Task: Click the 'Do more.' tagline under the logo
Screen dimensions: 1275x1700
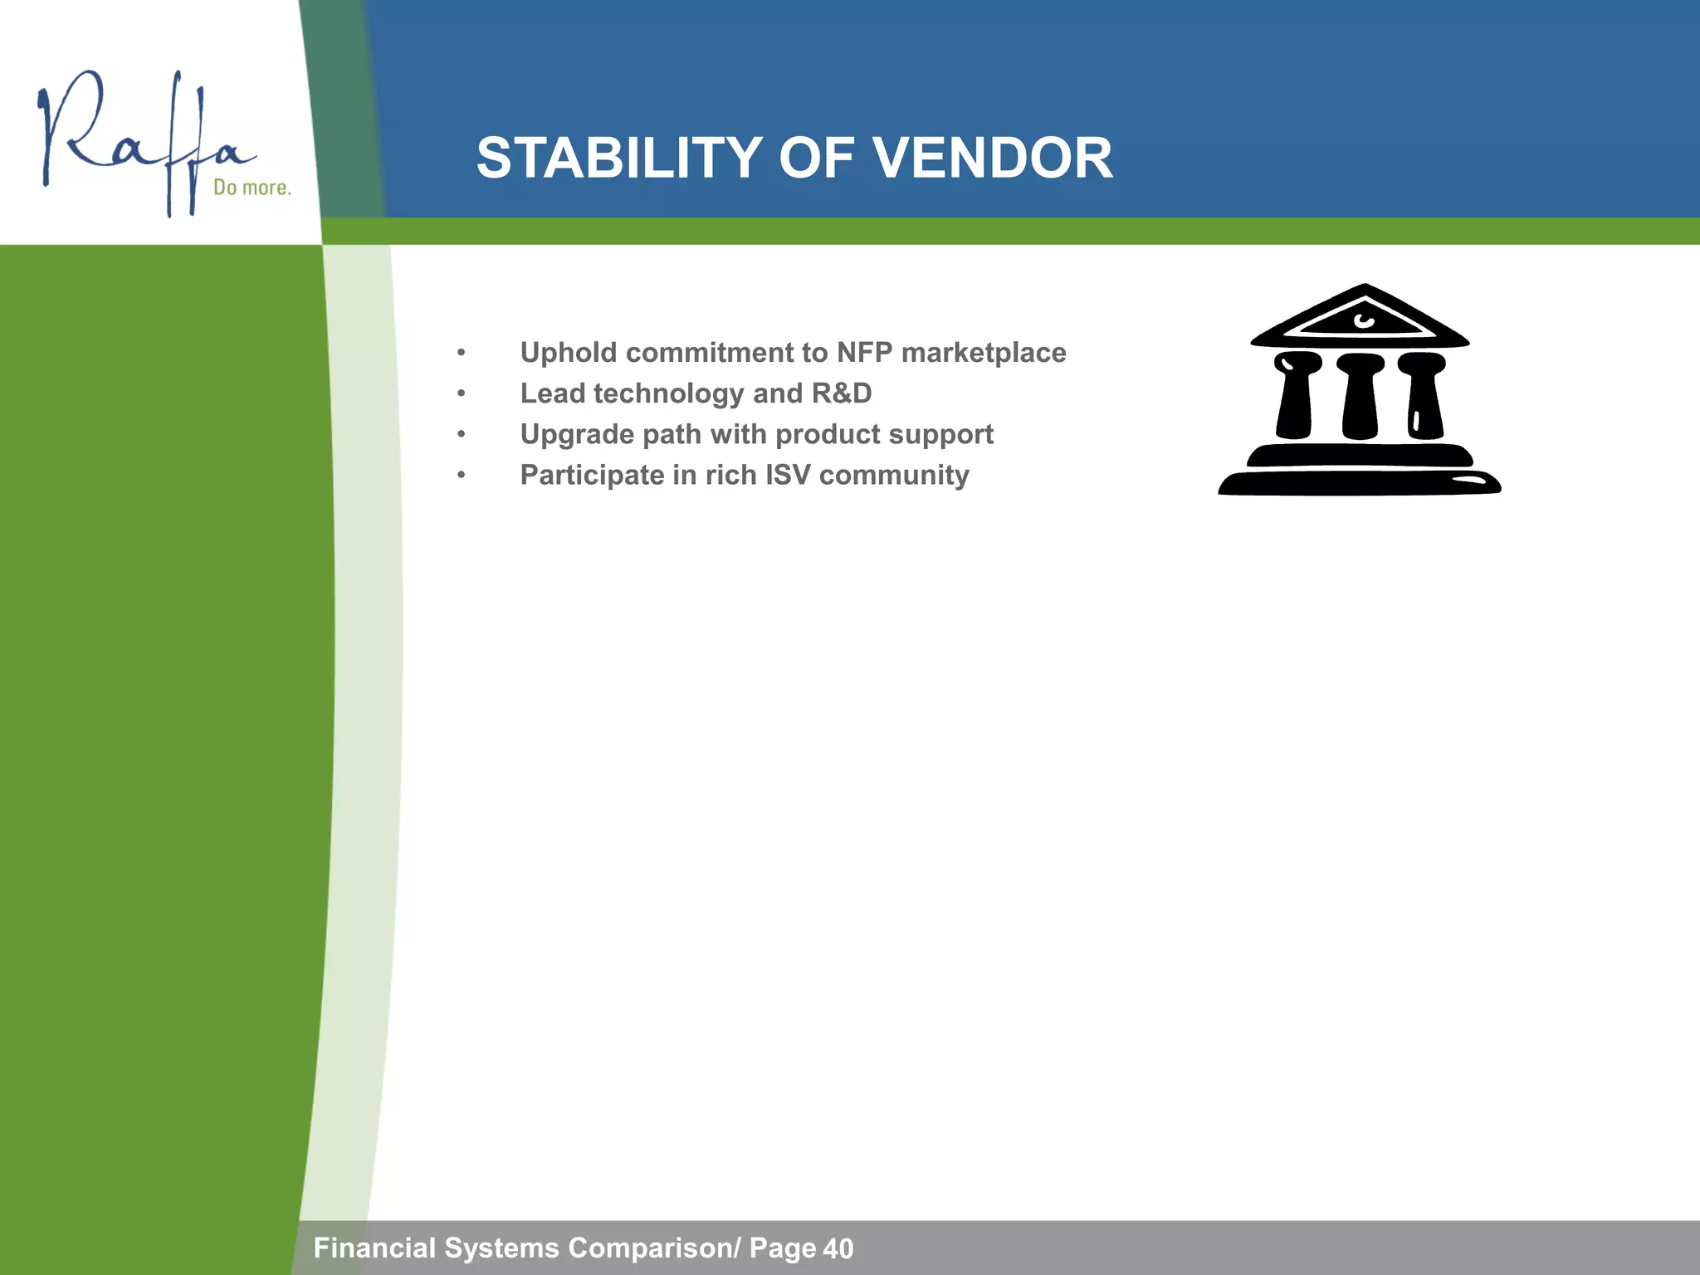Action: click(252, 188)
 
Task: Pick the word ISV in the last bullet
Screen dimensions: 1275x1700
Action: click(788, 475)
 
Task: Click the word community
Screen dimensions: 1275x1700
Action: click(894, 476)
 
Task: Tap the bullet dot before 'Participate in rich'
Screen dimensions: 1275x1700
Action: click(462, 476)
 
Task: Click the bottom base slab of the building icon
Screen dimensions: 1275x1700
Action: click(1360, 483)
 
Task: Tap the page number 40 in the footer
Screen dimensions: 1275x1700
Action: click(838, 1248)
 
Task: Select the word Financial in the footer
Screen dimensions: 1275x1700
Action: click(374, 1248)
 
